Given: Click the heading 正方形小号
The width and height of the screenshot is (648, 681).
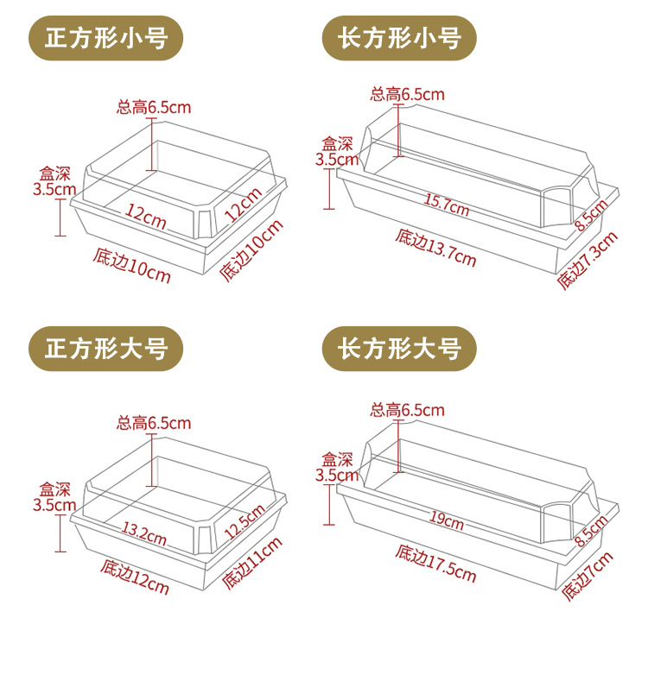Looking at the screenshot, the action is (x=106, y=38).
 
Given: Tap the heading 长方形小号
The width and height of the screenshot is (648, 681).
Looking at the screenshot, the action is (x=399, y=38).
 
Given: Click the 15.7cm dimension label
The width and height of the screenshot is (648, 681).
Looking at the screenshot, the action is (x=446, y=205).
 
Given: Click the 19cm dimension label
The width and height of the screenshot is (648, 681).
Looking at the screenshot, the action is (x=448, y=520).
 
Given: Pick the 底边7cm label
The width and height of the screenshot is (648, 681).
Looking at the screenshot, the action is (x=588, y=576).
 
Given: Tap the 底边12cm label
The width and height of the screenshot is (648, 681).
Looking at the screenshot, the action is (x=134, y=577).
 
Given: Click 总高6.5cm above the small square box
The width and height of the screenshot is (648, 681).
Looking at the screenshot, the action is (x=153, y=108).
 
